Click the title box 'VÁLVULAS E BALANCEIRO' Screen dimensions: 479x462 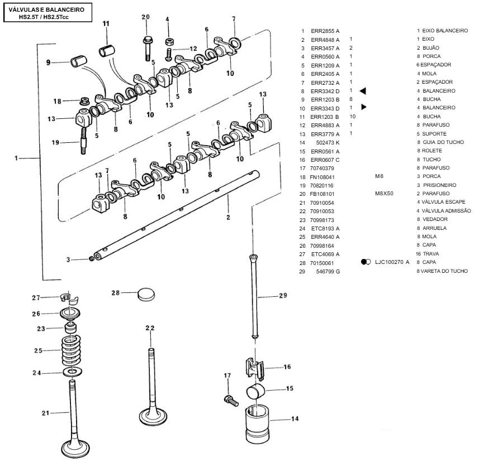[x=48, y=13]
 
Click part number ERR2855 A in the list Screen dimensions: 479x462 [x=325, y=31]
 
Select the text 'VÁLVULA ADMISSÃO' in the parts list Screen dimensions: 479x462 [x=447, y=211]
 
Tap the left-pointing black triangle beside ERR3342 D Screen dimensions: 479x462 [x=363, y=91]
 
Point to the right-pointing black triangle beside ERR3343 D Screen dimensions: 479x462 [x=363, y=107]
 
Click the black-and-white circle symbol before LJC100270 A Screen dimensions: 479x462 [x=366, y=262]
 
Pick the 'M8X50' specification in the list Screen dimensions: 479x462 [x=384, y=194]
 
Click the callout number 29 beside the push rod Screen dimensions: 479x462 [x=283, y=296]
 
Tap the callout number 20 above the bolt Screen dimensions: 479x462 [x=146, y=17]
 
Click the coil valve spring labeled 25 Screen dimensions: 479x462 [x=71, y=350]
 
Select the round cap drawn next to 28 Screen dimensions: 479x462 [x=146, y=294]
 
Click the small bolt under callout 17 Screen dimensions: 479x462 [x=231, y=401]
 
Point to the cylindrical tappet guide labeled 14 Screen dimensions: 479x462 [x=258, y=423]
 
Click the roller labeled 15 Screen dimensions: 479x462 [x=256, y=392]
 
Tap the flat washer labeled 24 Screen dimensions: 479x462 [x=72, y=372]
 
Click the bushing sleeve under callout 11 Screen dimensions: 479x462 [x=107, y=51]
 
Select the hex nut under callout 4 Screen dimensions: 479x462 [x=169, y=42]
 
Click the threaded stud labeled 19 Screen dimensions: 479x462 [x=83, y=141]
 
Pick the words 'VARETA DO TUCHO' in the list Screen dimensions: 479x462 [x=444, y=271]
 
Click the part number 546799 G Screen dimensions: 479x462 [x=328, y=271]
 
